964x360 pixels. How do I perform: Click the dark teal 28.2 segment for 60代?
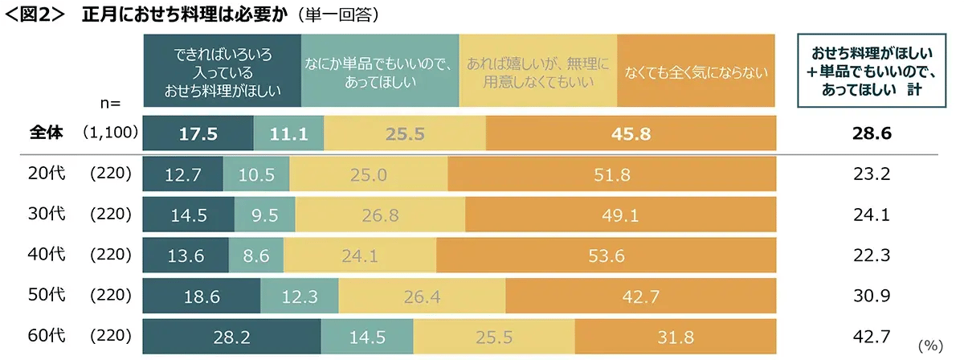(231, 335)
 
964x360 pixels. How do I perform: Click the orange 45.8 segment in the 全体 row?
(631, 134)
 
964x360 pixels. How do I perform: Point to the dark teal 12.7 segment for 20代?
(182, 174)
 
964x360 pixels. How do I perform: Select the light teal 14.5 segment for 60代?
(367, 335)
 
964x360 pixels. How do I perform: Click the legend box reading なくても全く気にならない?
(696, 71)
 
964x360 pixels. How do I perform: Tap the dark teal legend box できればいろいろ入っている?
(222, 71)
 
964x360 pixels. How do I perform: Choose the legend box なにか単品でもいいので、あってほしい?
(380, 71)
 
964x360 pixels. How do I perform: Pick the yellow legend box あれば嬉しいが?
(538, 71)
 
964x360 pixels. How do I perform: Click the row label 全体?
(44, 134)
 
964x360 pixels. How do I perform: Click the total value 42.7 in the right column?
(871, 335)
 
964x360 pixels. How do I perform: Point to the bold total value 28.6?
(871, 134)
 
